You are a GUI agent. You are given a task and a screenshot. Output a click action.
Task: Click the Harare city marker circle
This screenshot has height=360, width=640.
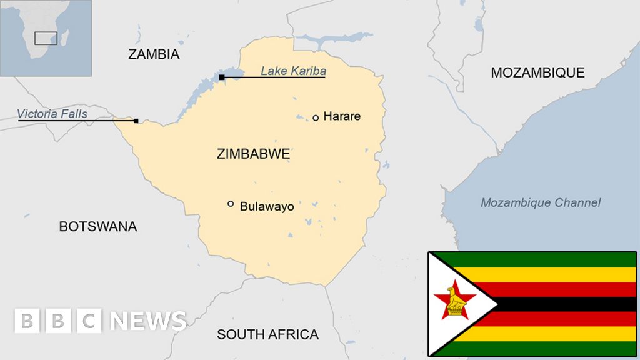tap(316, 117)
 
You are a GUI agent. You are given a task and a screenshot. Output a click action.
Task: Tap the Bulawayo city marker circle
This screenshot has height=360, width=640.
tap(231, 204)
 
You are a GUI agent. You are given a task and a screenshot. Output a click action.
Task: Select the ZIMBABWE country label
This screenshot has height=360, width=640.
tap(253, 154)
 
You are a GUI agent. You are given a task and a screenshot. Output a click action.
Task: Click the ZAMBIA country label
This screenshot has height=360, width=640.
tap(154, 54)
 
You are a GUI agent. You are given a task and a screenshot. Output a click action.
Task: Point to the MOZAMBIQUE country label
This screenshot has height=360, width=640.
tap(537, 72)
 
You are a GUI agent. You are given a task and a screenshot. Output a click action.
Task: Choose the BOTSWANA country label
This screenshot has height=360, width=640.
tap(97, 226)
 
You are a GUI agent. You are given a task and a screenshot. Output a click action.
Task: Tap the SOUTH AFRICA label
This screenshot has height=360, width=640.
tap(267, 334)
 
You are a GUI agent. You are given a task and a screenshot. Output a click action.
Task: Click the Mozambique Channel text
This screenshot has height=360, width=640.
tap(541, 202)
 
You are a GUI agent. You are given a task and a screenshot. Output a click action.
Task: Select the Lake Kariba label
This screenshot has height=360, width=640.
tap(293, 71)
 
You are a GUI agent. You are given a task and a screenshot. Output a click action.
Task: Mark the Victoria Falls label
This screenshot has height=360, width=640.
tap(52, 114)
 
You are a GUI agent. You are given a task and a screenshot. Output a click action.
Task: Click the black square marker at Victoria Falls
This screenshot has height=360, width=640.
tap(136, 121)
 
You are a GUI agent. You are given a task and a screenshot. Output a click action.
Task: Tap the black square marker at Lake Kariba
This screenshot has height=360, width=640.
tap(222, 77)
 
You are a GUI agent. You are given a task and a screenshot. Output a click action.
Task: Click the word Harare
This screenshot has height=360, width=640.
tap(342, 116)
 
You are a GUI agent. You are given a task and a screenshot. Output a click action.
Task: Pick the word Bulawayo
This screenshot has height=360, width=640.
tap(267, 206)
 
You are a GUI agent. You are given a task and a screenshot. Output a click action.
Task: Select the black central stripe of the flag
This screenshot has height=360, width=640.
tap(562, 304)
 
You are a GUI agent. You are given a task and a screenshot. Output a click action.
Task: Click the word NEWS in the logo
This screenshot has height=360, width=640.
tap(148, 321)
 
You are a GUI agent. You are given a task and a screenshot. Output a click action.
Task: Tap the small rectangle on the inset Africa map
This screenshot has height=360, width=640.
tap(46, 37)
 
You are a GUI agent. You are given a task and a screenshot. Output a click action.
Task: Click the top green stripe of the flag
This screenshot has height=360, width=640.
tap(550, 259)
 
